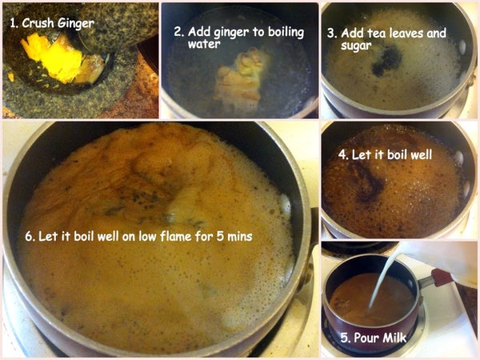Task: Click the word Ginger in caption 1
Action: [76, 24]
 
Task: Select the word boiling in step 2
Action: [286, 33]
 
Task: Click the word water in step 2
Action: [204, 44]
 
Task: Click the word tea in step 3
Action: [376, 34]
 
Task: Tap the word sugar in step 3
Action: [356, 46]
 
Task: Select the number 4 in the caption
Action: [343, 154]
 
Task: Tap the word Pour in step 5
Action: [366, 338]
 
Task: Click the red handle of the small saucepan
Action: [442, 278]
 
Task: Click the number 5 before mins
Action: [220, 237]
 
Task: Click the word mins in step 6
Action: [240, 237]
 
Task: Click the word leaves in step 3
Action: [406, 34]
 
